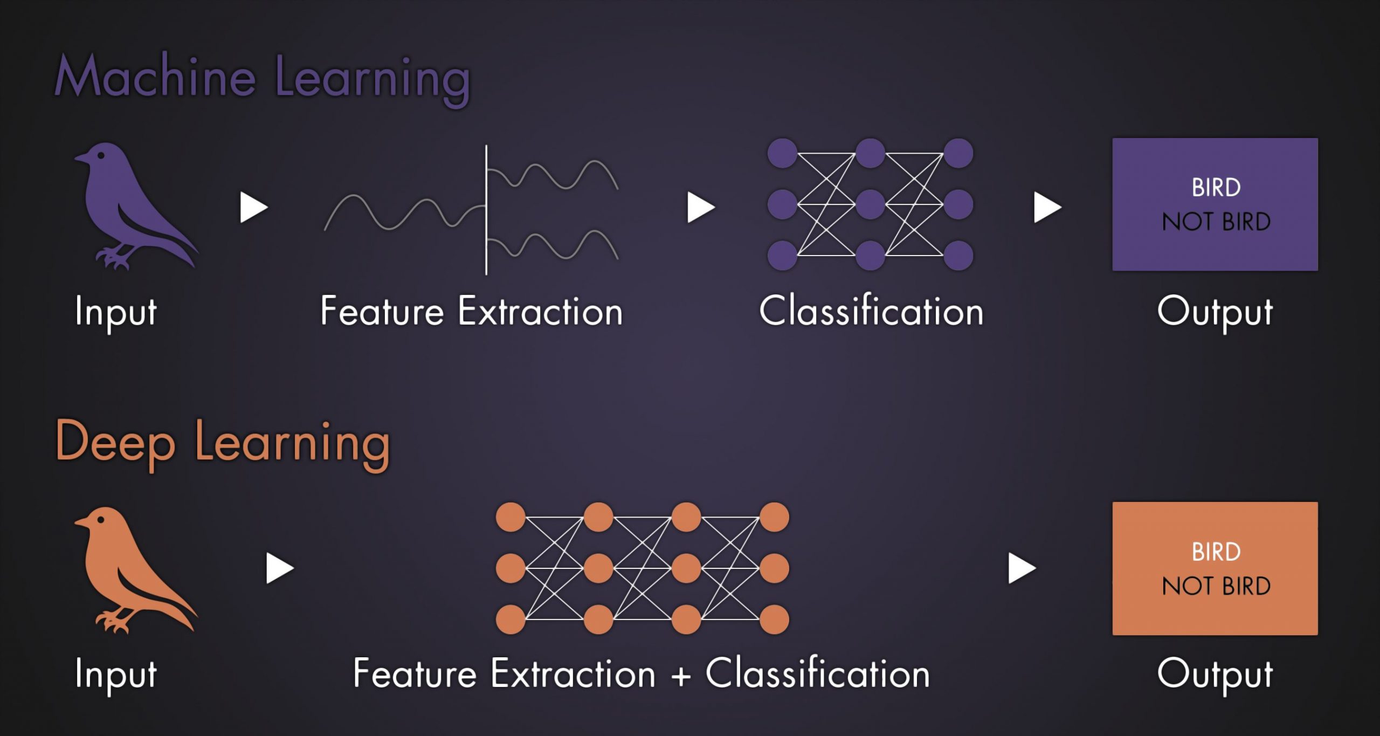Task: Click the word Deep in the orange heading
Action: (115, 442)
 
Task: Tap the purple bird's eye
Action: (101, 155)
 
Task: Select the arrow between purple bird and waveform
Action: (253, 207)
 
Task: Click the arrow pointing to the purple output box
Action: (1047, 207)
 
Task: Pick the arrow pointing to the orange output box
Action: (1022, 568)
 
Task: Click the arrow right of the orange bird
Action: (279, 568)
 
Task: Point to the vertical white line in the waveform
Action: (486, 210)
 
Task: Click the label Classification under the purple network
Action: (871, 312)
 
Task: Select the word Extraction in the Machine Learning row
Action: (541, 312)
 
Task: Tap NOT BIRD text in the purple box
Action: (1216, 222)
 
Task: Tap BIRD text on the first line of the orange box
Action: (1216, 552)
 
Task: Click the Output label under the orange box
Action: (1215, 674)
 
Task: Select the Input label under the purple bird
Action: (116, 312)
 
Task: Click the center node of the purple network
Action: (870, 205)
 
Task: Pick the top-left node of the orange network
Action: (510, 517)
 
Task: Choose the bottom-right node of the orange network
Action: (774, 619)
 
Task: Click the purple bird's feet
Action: (114, 259)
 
